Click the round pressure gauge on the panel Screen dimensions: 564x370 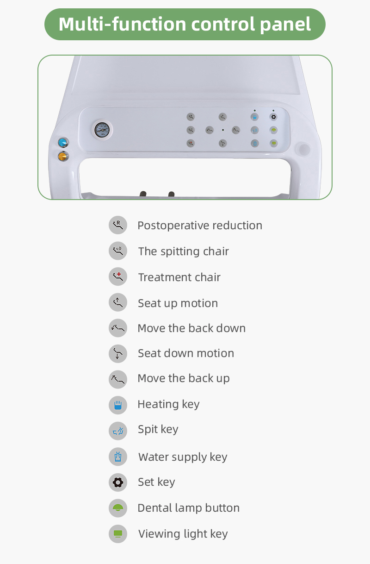[x=102, y=130]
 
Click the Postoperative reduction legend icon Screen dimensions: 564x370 [x=118, y=225]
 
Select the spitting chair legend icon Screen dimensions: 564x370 [x=118, y=251]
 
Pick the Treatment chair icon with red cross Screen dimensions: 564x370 [x=118, y=277]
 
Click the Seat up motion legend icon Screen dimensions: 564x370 [x=118, y=303]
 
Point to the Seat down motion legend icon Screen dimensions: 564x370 [x=118, y=353]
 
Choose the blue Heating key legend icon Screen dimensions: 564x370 [x=118, y=405]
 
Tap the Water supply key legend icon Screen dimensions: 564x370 [x=118, y=457]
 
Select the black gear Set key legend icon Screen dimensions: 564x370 [x=118, y=483]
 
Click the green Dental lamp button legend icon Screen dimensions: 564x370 [x=118, y=508]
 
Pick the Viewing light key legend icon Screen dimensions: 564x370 [x=118, y=534]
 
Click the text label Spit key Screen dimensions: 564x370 [x=158, y=430]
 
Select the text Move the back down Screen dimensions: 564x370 [x=191, y=328]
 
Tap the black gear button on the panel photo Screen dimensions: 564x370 [x=273, y=117]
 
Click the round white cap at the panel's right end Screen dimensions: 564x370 [x=303, y=149]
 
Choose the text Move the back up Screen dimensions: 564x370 [x=184, y=378]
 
